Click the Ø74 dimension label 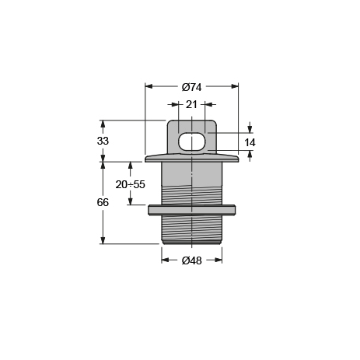pyautogui.click(x=191, y=87)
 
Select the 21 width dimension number pyautogui.click(x=191, y=104)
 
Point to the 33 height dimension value pyautogui.click(x=103, y=141)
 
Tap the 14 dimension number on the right pyautogui.click(x=250, y=142)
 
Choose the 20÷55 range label pyautogui.click(x=130, y=184)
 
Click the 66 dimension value pyautogui.click(x=103, y=202)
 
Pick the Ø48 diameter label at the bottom pyautogui.click(x=191, y=260)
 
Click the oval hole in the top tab pyautogui.click(x=192, y=142)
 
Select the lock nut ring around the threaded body pyautogui.click(x=191, y=210)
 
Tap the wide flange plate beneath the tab pyautogui.click(x=191, y=158)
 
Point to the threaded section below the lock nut pyautogui.click(x=191, y=228)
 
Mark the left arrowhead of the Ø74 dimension pyautogui.click(x=149, y=87)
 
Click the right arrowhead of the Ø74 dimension pyautogui.click(x=234, y=87)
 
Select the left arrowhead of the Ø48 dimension pyautogui.click(x=166, y=260)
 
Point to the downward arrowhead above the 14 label pyautogui.click(x=250, y=129)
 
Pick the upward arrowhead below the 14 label pyautogui.click(x=250, y=155)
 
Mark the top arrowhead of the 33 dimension pyautogui.click(x=103, y=124)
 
